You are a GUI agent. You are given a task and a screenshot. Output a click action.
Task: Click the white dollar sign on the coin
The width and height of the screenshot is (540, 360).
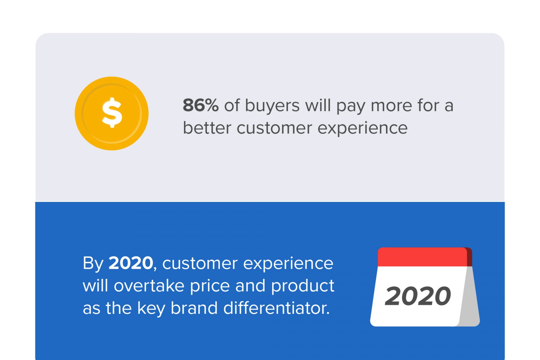112,113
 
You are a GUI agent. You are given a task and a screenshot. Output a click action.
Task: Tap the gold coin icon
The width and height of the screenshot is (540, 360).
112,113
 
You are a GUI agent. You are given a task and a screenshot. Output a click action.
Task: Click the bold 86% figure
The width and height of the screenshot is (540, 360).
201,105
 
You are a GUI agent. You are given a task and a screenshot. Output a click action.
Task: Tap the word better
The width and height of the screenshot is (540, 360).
207,128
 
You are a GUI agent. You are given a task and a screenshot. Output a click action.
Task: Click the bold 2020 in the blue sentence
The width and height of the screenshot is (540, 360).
131,263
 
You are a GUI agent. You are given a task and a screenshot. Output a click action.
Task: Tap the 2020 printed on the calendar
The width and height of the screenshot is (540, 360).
418,296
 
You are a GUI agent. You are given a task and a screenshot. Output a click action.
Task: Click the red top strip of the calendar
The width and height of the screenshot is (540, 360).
422,257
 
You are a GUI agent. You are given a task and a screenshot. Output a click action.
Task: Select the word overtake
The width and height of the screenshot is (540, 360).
149,286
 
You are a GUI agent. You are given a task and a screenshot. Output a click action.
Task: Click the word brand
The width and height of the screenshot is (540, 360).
194,308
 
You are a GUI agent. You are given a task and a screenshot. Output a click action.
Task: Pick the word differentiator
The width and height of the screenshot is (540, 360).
276,308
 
